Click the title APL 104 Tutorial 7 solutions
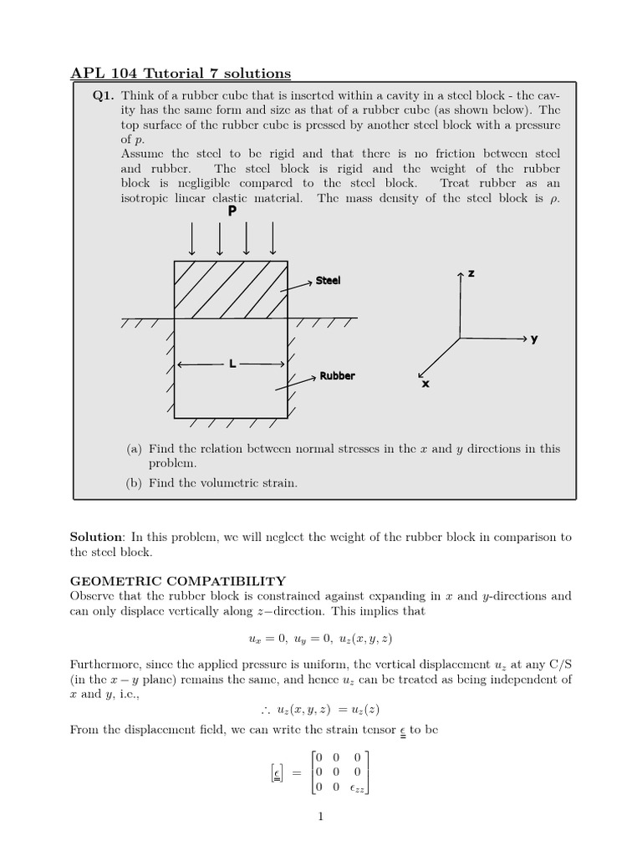(x=180, y=74)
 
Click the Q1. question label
(x=103, y=95)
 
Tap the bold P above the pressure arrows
(x=232, y=212)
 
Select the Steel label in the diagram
(x=328, y=281)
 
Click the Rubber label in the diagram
(x=337, y=376)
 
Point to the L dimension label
(x=232, y=364)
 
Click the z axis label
(x=471, y=273)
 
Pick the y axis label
(x=534, y=339)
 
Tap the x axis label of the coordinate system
(x=425, y=384)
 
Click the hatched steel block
(x=230, y=289)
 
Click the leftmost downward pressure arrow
(x=192, y=239)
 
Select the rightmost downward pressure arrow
(x=273, y=239)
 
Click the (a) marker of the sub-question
(x=135, y=449)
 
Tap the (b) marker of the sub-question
(x=135, y=483)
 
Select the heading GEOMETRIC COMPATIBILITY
(x=177, y=581)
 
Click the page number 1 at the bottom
(x=320, y=817)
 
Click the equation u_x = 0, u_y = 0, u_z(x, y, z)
(x=321, y=638)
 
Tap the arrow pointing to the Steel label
(x=297, y=284)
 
